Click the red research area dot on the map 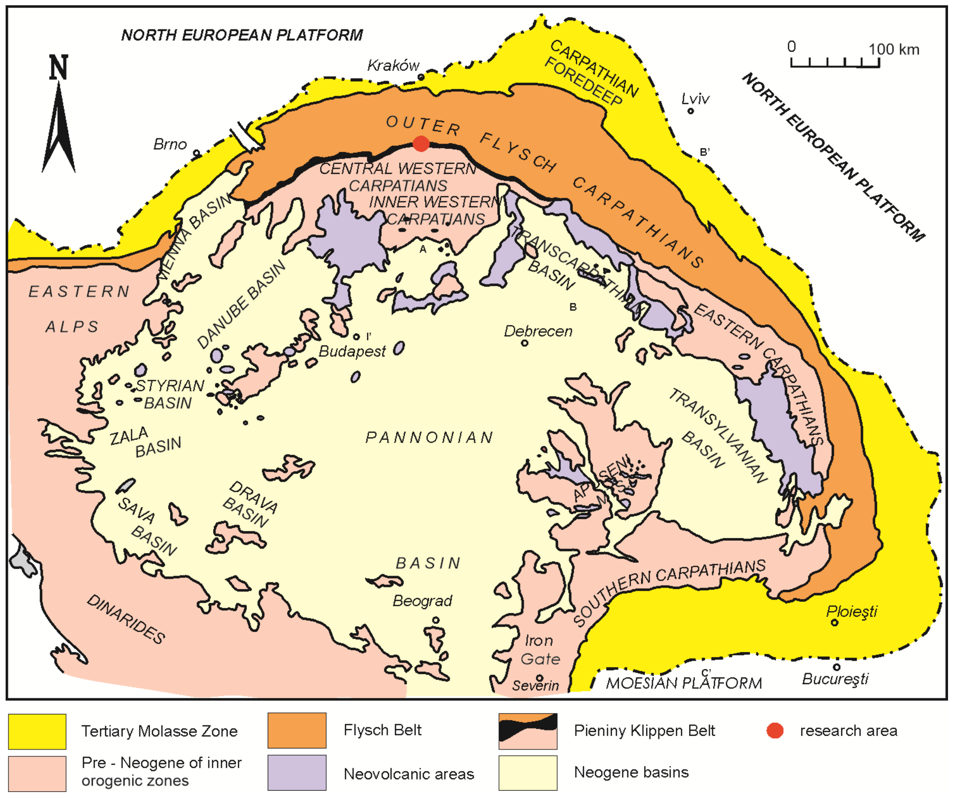click(421, 144)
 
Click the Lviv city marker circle click(690, 111)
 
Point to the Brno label click(170, 144)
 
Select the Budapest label click(352, 351)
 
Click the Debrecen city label click(538, 331)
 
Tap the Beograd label click(422, 601)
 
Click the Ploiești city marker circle click(834, 623)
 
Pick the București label click(835, 679)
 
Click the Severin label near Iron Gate click(535, 686)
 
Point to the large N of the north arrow click(59, 68)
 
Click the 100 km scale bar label click(894, 50)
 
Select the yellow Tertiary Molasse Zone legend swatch click(37, 731)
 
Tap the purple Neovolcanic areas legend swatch click(297, 773)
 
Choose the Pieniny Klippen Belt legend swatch click(527, 731)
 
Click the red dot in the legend click(774, 730)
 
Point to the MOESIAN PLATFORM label click(684, 683)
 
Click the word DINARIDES click(126, 619)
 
